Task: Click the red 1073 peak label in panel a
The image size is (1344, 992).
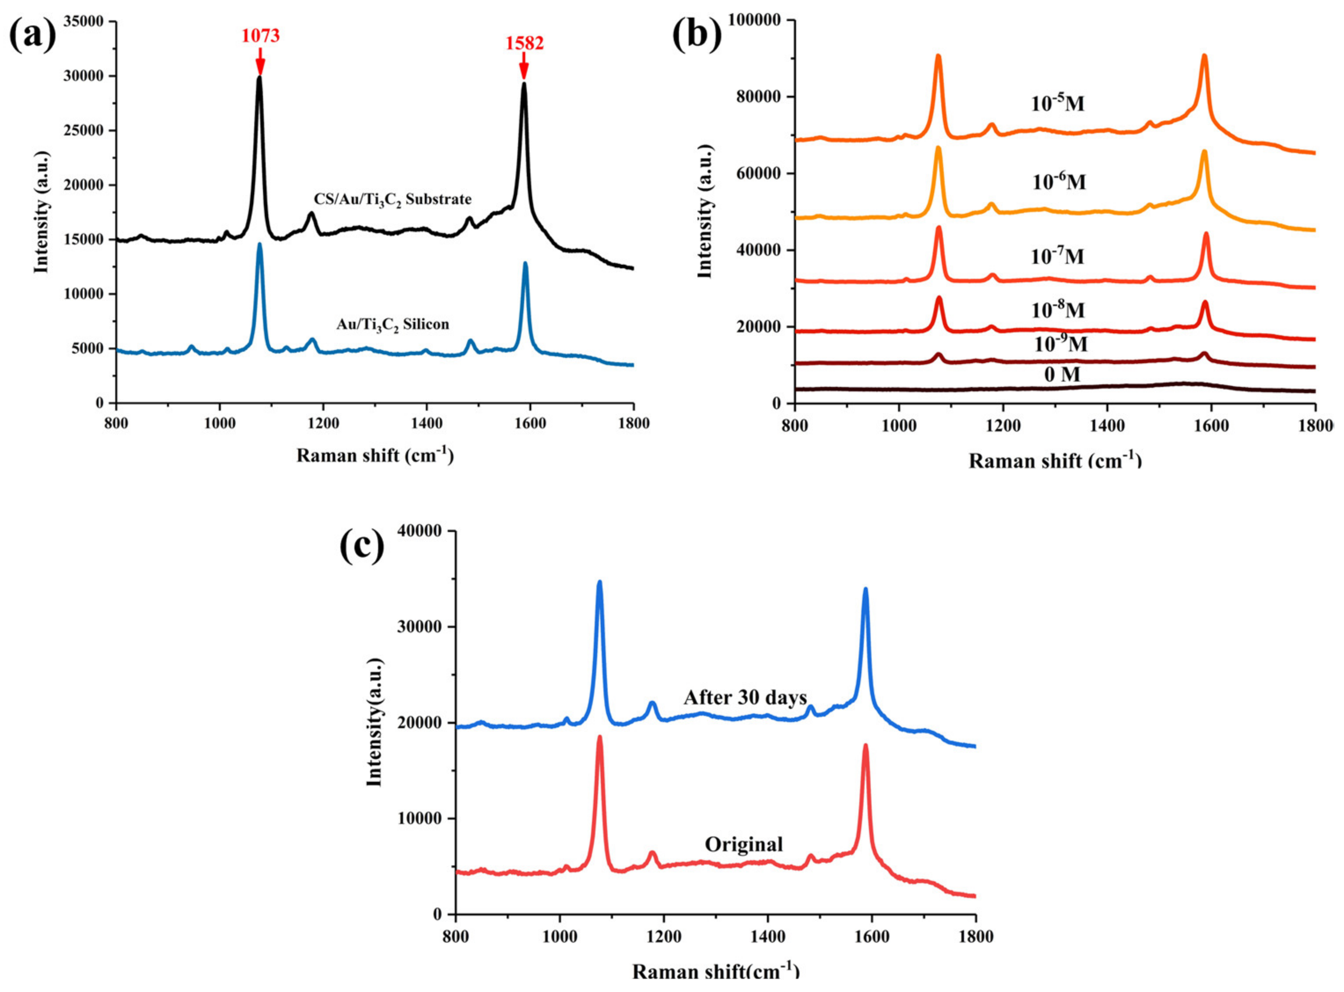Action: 261,36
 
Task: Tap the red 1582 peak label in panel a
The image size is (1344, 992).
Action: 524,43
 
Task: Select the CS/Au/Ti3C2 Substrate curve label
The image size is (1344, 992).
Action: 393,199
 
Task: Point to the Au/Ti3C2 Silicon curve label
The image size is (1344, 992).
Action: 392,324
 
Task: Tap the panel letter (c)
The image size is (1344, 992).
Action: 362,546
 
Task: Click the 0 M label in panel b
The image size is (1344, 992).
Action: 1062,375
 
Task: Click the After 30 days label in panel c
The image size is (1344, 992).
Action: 745,698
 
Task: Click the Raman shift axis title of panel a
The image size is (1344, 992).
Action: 375,455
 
